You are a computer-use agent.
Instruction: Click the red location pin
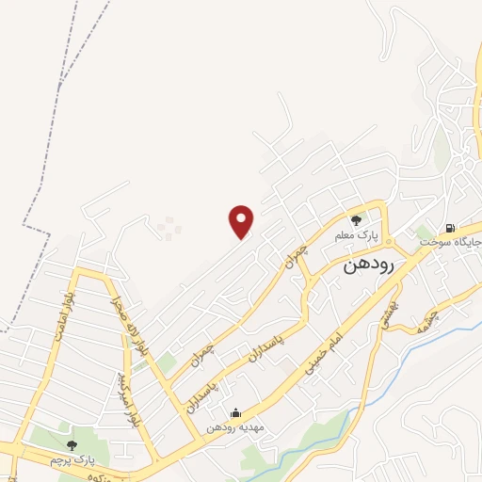coord(242,220)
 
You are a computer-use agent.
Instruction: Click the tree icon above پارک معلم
coord(356,219)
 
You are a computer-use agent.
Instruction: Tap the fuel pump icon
coord(450,228)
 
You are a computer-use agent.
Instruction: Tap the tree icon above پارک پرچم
coord(72,444)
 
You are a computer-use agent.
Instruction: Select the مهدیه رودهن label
coord(240,426)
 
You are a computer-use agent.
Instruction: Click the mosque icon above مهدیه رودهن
coord(234,412)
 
